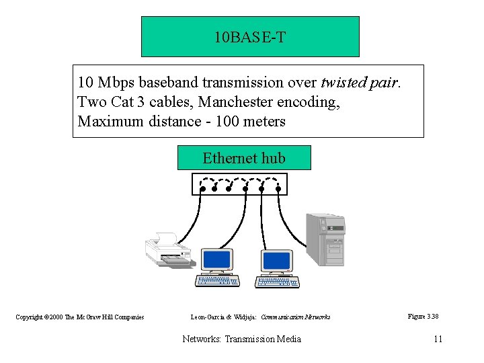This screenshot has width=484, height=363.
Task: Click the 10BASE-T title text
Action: click(x=249, y=37)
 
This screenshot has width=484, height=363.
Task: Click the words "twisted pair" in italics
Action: click(x=360, y=83)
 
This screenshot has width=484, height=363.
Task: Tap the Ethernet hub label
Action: click(x=244, y=159)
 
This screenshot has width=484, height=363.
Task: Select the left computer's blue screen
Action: click(x=216, y=259)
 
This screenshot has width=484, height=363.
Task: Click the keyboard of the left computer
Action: click(x=217, y=280)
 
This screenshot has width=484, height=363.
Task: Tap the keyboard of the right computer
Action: click(x=278, y=281)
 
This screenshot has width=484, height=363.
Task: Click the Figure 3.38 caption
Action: click(x=423, y=316)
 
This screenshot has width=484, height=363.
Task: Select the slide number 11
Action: click(x=438, y=339)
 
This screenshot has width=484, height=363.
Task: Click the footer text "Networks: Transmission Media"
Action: click(x=242, y=339)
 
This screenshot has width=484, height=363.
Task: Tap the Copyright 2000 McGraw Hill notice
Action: click(x=80, y=317)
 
